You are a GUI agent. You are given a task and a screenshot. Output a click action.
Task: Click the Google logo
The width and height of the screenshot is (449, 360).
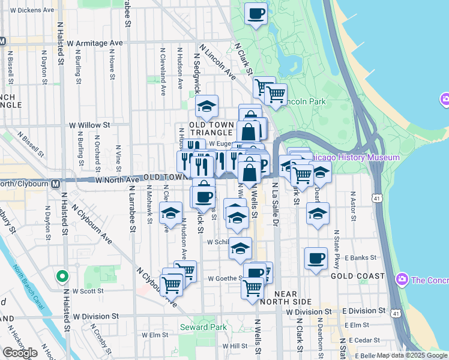[20, 353]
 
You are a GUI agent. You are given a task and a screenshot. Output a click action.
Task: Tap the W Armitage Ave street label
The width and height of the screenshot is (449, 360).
[95, 44]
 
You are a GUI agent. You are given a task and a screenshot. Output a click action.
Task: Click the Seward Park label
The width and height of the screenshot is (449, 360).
[203, 327]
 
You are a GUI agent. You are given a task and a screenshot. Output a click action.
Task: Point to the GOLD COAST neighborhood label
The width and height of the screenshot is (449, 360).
[357, 276]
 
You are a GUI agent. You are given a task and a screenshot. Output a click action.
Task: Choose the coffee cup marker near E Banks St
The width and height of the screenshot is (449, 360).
[316, 259]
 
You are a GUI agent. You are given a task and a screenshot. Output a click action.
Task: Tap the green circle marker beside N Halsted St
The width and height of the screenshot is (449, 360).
[61, 277]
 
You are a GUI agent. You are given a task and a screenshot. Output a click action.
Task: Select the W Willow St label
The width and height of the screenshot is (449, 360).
[89, 125]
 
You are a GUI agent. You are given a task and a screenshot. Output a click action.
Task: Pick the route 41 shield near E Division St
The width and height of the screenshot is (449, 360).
[394, 313]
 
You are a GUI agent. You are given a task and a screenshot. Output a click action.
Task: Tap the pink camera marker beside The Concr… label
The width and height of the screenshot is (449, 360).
[402, 279]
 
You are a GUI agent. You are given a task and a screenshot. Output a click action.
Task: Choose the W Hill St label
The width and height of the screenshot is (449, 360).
[235, 346]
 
